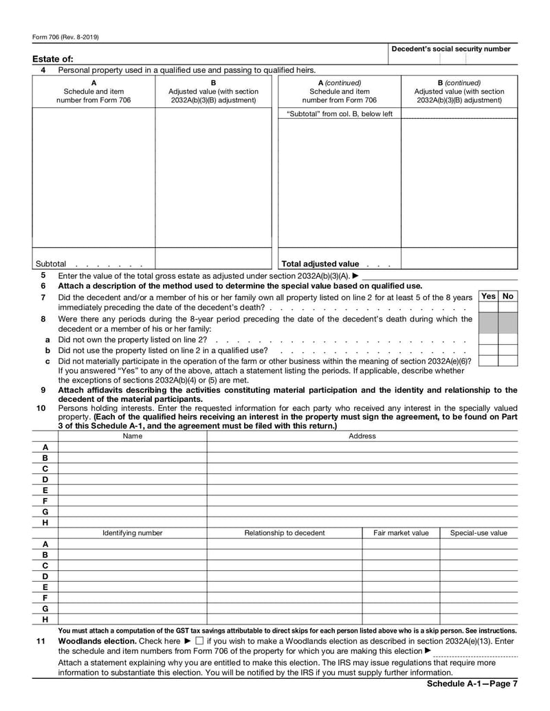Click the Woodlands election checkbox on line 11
click(199, 641)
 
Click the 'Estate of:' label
click(52, 59)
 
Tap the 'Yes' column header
click(488, 296)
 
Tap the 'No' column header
click(508, 296)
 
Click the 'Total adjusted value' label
click(320, 264)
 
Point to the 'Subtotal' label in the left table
click(51, 264)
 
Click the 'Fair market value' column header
click(401, 532)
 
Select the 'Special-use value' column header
click(478, 532)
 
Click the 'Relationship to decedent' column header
click(285, 532)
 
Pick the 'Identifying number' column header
click(133, 532)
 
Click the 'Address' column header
click(362, 436)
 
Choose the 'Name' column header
click(133, 436)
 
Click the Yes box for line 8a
click(488, 339)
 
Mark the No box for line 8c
click(508, 360)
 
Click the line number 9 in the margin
click(43, 390)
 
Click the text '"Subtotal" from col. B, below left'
click(340, 114)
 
